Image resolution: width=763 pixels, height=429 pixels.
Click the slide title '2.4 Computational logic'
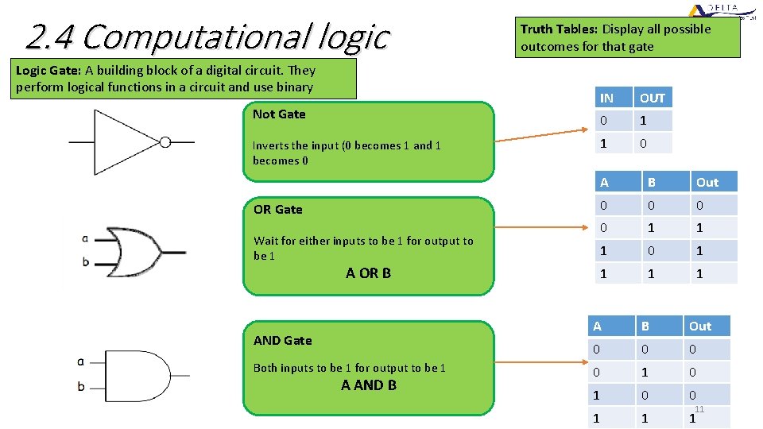click(207, 36)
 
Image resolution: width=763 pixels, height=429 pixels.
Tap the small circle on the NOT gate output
click(165, 142)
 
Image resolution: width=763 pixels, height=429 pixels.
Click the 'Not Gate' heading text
click(279, 114)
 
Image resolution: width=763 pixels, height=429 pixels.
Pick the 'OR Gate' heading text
click(278, 210)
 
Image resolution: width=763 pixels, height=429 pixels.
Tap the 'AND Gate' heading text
click(283, 341)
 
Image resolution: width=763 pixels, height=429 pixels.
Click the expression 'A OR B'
click(368, 273)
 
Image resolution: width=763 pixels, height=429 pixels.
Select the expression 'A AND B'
click(369, 385)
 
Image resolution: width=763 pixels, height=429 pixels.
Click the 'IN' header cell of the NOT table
click(607, 99)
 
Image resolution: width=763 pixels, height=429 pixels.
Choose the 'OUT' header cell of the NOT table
click(653, 99)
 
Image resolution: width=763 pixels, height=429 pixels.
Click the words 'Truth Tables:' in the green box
click(559, 29)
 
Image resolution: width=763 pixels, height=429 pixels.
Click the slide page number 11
click(699, 409)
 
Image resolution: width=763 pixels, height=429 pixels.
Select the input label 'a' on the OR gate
click(85, 238)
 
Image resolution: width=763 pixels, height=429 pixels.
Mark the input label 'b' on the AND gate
click(81, 387)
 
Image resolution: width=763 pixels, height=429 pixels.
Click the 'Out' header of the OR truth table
click(707, 183)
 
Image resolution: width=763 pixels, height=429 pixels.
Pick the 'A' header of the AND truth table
click(598, 327)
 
